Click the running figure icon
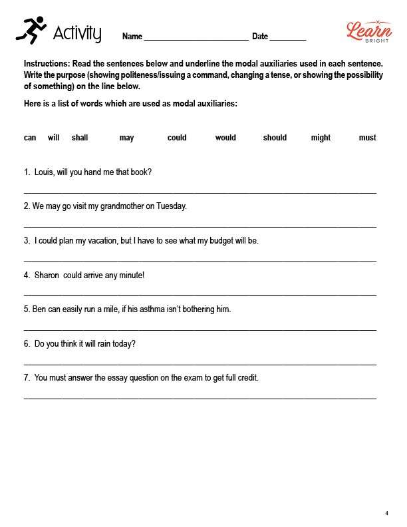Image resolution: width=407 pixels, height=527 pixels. click(x=31, y=31)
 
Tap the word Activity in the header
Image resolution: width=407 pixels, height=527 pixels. click(x=77, y=33)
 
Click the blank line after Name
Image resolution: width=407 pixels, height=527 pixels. click(x=196, y=37)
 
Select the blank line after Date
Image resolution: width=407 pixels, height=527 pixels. click(x=287, y=37)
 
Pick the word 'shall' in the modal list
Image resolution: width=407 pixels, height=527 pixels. click(x=80, y=138)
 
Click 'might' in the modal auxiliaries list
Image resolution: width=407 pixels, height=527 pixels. click(x=321, y=138)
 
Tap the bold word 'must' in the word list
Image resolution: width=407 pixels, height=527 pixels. click(x=367, y=138)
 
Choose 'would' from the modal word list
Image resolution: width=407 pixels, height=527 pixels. click(x=225, y=138)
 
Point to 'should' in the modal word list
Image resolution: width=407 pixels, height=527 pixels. click(x=275, y=138)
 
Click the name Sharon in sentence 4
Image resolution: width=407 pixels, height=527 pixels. click(x=47, y=275)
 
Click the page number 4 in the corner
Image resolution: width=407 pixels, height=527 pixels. click(x=386, y=513)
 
